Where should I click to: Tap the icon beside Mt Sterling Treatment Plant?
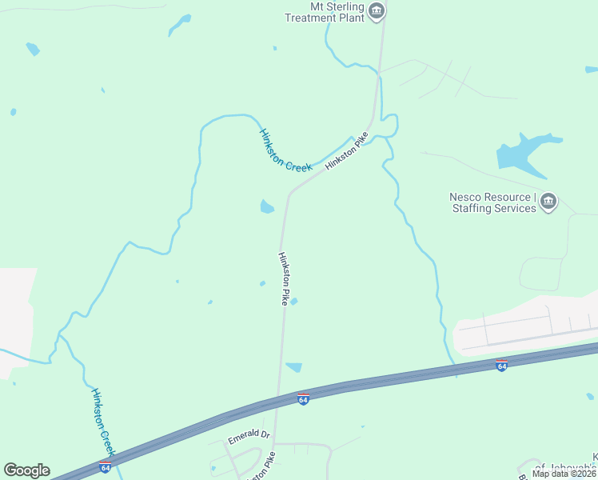pyautogui.click(x=377, y=10)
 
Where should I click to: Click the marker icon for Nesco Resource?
pyautogui.click(x=548, y=202)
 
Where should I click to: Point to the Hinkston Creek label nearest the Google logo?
pyautogui.click(x=104, y=423)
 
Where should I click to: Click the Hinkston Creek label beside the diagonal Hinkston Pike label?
pyautogui.click(x=285, y=149)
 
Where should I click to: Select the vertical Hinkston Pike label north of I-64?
pyautogui.click(x=282, y=278)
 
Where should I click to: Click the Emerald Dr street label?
pyautogui.click(x=249, y=437)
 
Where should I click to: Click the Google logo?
pyautogui.click(x=26, y=470)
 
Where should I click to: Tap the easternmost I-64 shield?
pyautogui.click(x=501, y=366)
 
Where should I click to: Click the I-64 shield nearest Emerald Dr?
pyautogui.click(x=303, y=399)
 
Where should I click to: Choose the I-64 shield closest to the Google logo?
pyautogui.click(x=105, y=467)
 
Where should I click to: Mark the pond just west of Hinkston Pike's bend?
pyautogui.click(x=266, y=207)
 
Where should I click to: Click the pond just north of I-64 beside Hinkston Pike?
pyautogui.click(x=293, y=367)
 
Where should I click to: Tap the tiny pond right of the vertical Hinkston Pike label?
pyautogui.click(x=294, y=302)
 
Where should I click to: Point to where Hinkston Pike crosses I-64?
pyautogui.click(x=277, y=400)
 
